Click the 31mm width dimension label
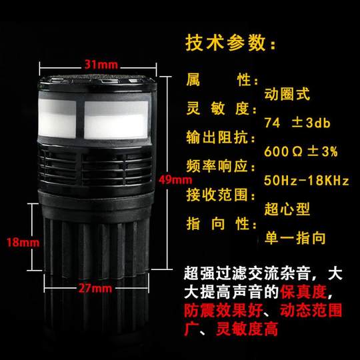point(98,65)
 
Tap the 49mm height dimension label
point(175,179)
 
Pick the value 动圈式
point(287,95)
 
